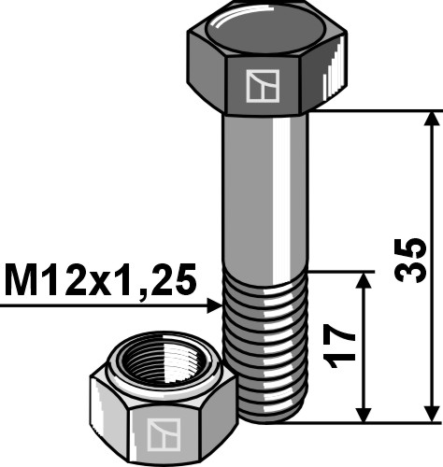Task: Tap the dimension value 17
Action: click(343, 344)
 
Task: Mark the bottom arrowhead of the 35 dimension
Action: click(431, 414)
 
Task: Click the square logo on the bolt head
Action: click(262, 86)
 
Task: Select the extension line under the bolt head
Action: click(374, 111)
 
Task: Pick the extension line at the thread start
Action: click(341, 273)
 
